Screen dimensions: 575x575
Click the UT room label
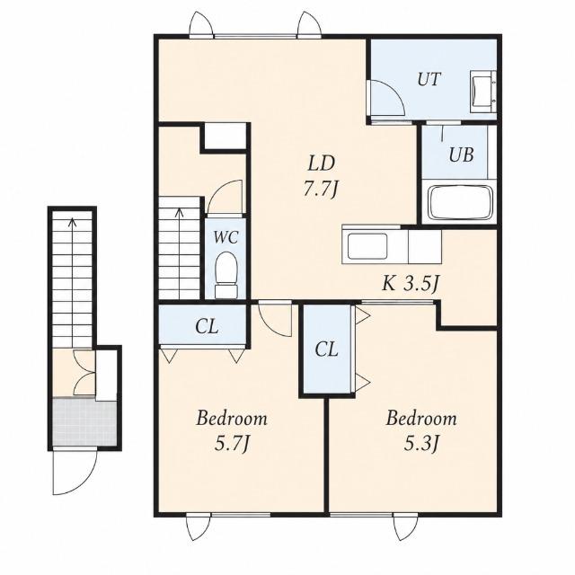pos(429,79)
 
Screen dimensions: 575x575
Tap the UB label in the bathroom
pos(461,155)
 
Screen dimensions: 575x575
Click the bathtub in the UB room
pos(461,203)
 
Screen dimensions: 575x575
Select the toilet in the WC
pos(226,274)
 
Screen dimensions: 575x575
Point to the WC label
pos(226,237)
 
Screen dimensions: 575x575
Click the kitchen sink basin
pos(367,246)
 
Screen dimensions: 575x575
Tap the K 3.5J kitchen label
pos(411,284)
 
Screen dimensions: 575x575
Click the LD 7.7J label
pos(321,176)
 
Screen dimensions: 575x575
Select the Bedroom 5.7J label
pos(232,431)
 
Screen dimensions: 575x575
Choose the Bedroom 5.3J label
pos(421,431)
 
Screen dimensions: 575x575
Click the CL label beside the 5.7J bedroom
pos(207,326)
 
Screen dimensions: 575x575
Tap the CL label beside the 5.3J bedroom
pos(326,349)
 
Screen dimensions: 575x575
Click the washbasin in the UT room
pos(483,92)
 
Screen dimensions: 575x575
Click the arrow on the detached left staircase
pos(73,282)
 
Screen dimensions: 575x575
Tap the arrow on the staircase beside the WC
pos(180,253)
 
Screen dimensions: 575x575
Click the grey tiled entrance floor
pos(84,421)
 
